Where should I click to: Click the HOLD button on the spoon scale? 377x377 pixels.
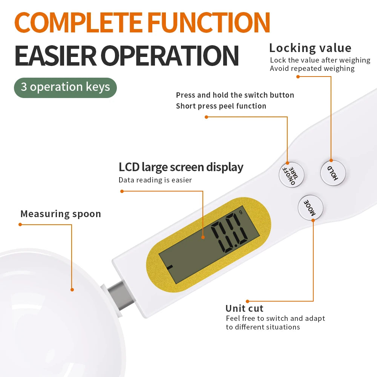pos(333,173)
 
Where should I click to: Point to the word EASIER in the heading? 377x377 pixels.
pos(55,56)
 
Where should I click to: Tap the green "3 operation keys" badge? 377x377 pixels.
pos(65,87)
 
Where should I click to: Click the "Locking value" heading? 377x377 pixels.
pos(310,48)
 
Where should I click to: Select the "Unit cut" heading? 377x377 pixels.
pos(244,308)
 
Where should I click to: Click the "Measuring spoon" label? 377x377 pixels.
pos(61,214)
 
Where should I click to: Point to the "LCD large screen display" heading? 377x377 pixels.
pos(181,167)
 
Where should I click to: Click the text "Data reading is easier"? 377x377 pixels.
pos(155,180)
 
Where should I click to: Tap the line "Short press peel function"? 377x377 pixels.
pos(221,106)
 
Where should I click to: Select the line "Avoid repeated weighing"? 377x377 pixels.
pos(312,69)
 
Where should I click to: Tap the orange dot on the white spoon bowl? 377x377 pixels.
pos(72,290)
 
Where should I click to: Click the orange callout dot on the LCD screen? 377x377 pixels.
pos(203,237)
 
